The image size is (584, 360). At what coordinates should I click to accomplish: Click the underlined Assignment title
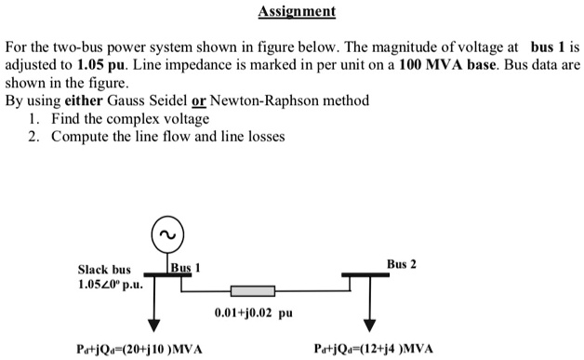[x=291, y=12]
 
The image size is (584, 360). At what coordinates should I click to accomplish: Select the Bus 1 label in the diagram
[x=186, y=267]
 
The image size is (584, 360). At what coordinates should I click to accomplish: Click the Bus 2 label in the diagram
[x=402, y=264]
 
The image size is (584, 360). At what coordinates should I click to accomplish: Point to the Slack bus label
[x=104, y=270]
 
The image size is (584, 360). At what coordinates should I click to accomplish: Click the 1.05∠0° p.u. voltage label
[x=110, y=285]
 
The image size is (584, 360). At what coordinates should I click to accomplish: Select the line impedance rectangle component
[x=252, y=291]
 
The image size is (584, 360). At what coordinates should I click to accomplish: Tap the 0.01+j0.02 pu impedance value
[x=253, y=313]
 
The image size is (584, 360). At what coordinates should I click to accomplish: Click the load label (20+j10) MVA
[x=139, y=349]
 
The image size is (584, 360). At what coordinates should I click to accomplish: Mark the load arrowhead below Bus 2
[x=371, y=326]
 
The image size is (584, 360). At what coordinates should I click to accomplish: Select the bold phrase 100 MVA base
[x=446, y=67]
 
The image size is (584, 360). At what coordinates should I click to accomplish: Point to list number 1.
[x=33, y=118]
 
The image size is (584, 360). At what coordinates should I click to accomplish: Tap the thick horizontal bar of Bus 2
[x=371, y=274]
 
